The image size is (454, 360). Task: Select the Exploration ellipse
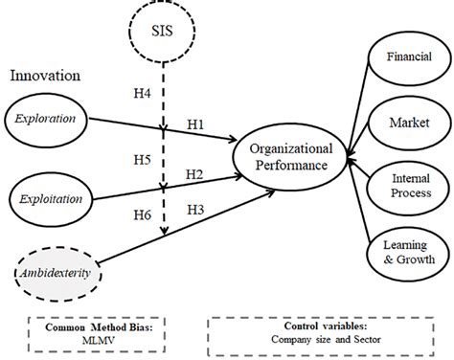pyautogui.click(x=51, y=121)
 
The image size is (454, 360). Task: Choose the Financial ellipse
pyautogui.click(x=402, y=56)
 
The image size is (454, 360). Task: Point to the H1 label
pyautogui.click(x=194, y=124)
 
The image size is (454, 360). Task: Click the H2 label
pyautogui.click(x=194, y=173)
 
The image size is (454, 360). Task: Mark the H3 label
pyautogui.click(x=195, y=208)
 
